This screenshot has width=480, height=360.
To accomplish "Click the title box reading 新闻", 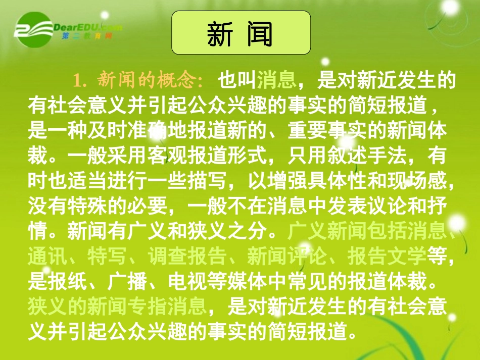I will pos(241,33).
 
